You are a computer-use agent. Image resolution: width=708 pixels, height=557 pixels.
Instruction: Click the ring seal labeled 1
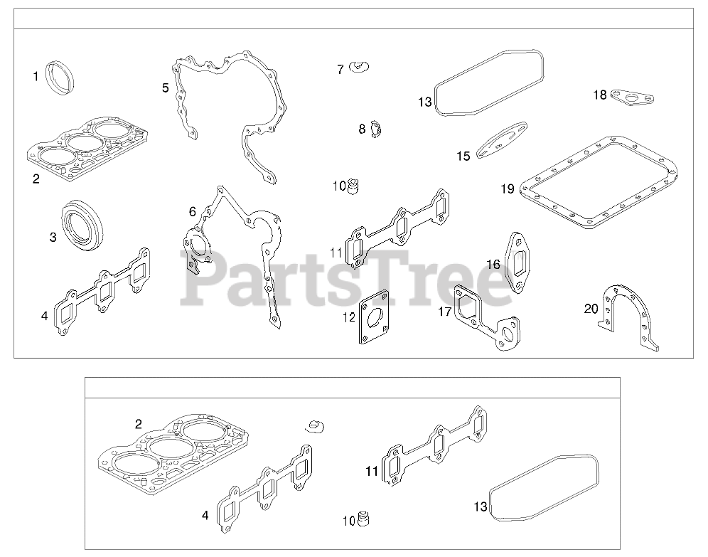pos(59,75)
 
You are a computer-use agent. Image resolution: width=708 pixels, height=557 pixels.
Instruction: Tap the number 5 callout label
pos(165,87)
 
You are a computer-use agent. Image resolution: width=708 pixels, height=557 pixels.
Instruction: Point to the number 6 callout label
pos(192,211)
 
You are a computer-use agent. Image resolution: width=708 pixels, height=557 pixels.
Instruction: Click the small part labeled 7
pos(360,68)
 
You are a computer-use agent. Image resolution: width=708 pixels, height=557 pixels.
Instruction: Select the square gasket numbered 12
pos(375,318)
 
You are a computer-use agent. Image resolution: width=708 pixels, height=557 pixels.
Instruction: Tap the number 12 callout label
pos(349,317)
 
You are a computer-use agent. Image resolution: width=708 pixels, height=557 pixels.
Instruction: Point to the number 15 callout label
pos(463,156)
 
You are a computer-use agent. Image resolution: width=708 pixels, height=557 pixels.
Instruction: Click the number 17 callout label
pos(445,311)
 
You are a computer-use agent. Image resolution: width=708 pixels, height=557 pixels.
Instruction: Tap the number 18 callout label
pos(599,95)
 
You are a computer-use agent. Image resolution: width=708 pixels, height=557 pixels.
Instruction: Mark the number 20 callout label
pos(591,308)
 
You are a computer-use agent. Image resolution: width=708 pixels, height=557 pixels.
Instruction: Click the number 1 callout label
pos(36,75)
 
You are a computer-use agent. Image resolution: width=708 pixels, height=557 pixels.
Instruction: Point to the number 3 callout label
pos(53,236)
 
